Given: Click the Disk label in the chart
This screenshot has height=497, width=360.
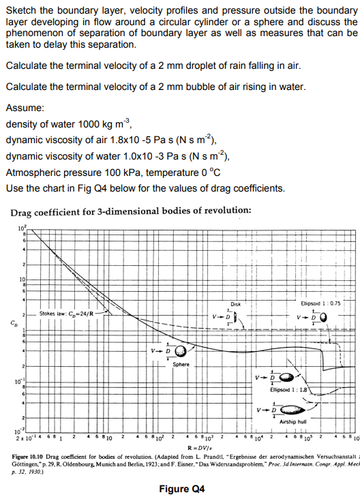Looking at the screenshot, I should point(235,305).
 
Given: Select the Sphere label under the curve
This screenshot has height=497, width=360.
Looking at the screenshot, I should point(181,365).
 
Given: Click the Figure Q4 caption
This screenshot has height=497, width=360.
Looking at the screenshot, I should point(183,488).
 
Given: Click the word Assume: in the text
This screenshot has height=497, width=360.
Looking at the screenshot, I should point(25,108).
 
